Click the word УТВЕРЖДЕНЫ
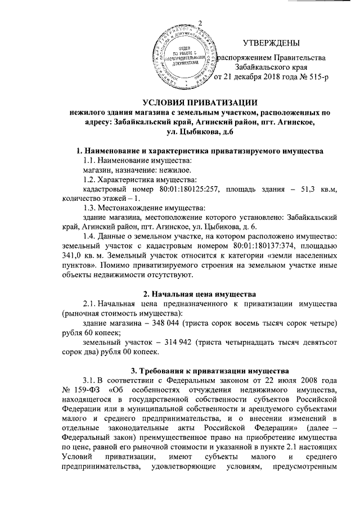coord(271,43)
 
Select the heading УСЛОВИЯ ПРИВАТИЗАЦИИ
coord(200,102)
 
